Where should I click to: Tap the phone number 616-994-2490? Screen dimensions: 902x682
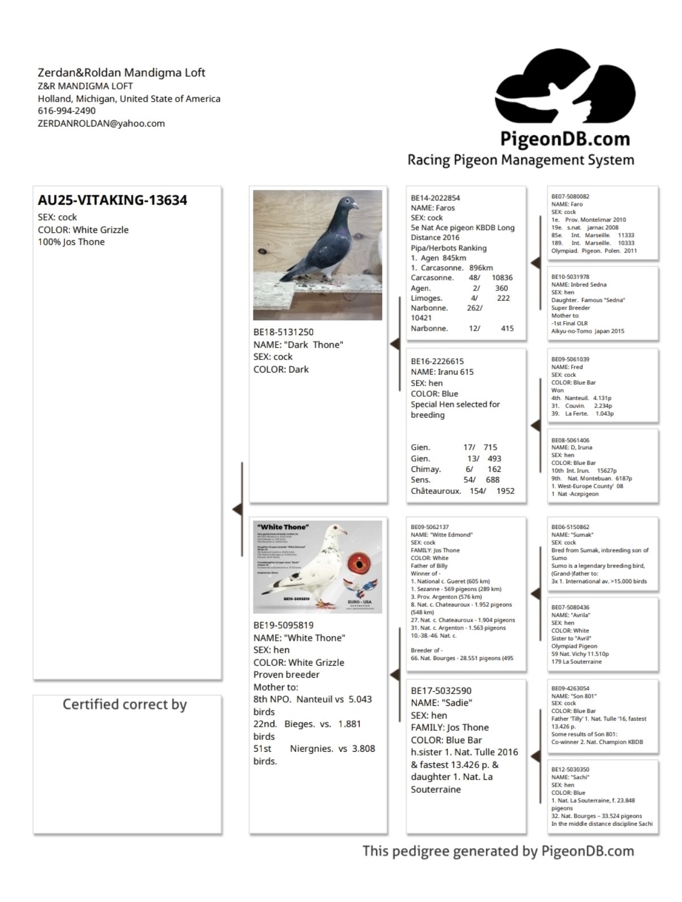coord(67,111)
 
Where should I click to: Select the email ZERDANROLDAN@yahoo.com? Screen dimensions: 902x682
coord(101,123)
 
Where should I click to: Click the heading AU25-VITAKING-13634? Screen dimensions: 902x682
coord(113,200)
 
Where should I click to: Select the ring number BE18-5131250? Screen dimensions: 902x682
coord(283,332)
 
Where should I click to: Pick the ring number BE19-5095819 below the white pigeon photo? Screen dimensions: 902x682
coord(283,625)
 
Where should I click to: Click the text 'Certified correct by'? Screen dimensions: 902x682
coord(124,704)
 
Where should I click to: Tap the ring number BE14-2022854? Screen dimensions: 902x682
coord(435,198)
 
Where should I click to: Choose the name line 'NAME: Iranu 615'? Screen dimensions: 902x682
coord(442,372)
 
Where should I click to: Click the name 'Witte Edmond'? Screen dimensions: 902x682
coord(451,535)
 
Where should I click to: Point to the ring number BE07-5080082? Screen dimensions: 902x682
coord(570,197)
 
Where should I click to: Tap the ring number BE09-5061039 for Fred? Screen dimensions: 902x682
coord(570,359)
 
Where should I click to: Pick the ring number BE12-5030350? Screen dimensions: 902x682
coord(570,769)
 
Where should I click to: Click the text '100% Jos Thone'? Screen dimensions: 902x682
coord(71,242)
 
